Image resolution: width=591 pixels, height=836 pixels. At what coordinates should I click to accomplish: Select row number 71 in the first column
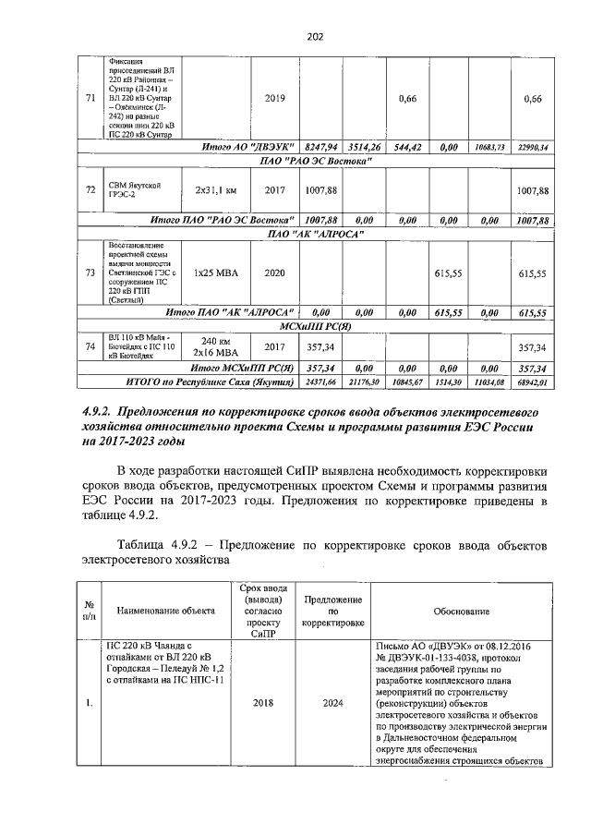[x=90, y=100]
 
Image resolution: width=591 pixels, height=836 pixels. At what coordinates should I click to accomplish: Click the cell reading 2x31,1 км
[x=217, y=190]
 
